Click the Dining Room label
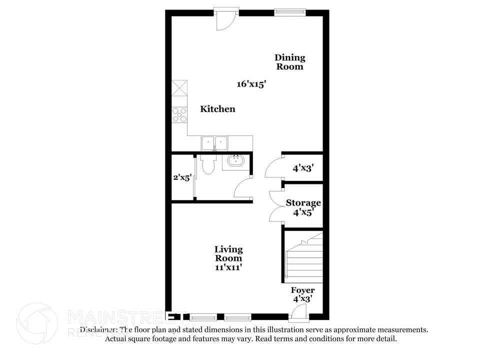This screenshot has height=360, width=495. (x=289, y=62)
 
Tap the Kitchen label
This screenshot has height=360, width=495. (x=217, y=109)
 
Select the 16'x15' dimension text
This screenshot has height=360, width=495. (x=251, y=84)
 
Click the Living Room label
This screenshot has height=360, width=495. (x=228, y=253)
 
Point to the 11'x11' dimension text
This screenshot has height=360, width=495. (x=228, y=267)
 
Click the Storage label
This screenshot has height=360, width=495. (x=303, y=202)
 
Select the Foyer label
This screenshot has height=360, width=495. (x=303, y=290)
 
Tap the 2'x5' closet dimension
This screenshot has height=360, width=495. (x=181, y=177)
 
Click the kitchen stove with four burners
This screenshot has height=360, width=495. (x=179, y=115)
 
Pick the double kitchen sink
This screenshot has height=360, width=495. (x=214, y=143)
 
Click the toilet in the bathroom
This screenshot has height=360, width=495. (x=207, y=164)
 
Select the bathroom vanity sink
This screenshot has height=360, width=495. (x=234, y=161)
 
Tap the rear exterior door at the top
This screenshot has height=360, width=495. (x=224, y=19)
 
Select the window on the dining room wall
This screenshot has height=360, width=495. (x=289, y=12)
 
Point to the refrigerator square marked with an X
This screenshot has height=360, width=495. (x=179, y=88)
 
